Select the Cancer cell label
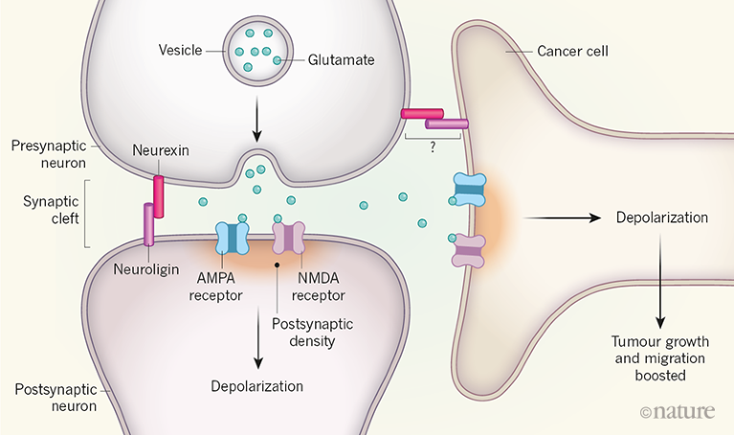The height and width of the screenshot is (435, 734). pos(572,49)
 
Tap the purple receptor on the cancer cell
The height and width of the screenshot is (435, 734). pos(468,251)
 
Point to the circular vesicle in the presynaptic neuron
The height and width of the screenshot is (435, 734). pos(255,47)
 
